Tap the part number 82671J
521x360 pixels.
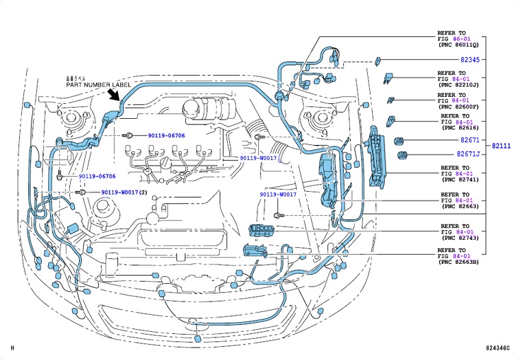(468, 155)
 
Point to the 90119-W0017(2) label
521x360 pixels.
(124, 192)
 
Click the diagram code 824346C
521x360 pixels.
(498, 350)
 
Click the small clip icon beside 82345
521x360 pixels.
(378, 60)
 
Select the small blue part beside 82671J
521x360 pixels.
(404, 155)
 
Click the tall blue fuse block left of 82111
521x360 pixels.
(377, 157)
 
